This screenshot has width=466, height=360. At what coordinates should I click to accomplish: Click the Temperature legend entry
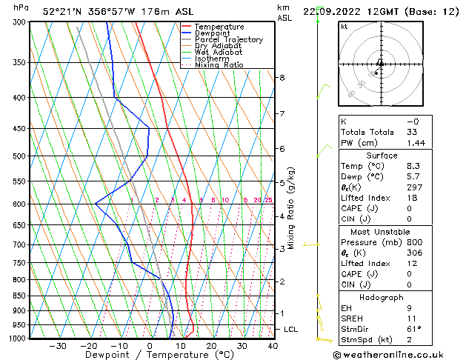point(219,27)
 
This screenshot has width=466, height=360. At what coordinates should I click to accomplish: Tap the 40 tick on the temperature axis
point(273,346)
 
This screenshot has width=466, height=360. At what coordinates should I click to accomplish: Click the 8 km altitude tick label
point(282,77)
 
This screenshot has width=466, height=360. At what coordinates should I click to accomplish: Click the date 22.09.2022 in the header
point(332,11)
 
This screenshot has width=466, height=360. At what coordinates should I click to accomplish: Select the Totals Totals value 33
point(412,132)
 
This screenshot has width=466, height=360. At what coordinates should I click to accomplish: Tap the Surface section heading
point(382,156)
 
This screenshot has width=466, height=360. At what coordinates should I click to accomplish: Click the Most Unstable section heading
point(382,232)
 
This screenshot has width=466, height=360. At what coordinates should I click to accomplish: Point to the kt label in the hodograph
point(344,26)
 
